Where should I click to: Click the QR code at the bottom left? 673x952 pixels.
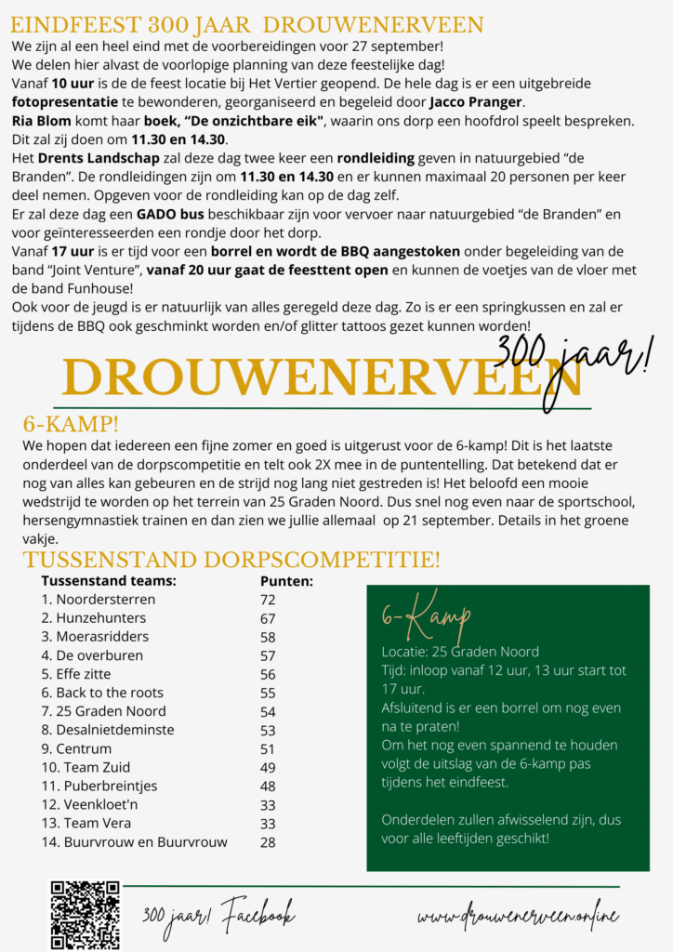point(85,914)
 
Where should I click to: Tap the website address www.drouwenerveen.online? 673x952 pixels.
point(518,917)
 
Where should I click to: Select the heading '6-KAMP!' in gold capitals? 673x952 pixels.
point(71,425)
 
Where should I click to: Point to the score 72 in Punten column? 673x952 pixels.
point(268,600)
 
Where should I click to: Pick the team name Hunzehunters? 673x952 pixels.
point(100,618)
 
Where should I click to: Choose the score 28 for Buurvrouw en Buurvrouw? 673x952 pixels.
point(268,842)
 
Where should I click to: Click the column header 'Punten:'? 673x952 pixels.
point(285,581)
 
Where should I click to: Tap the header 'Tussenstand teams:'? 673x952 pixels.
point(109,581)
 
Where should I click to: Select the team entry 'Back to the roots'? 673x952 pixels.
point(109,693)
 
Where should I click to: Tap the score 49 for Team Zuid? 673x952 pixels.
point(268,767)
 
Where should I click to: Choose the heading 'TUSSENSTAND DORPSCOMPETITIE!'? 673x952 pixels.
point(231,560)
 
